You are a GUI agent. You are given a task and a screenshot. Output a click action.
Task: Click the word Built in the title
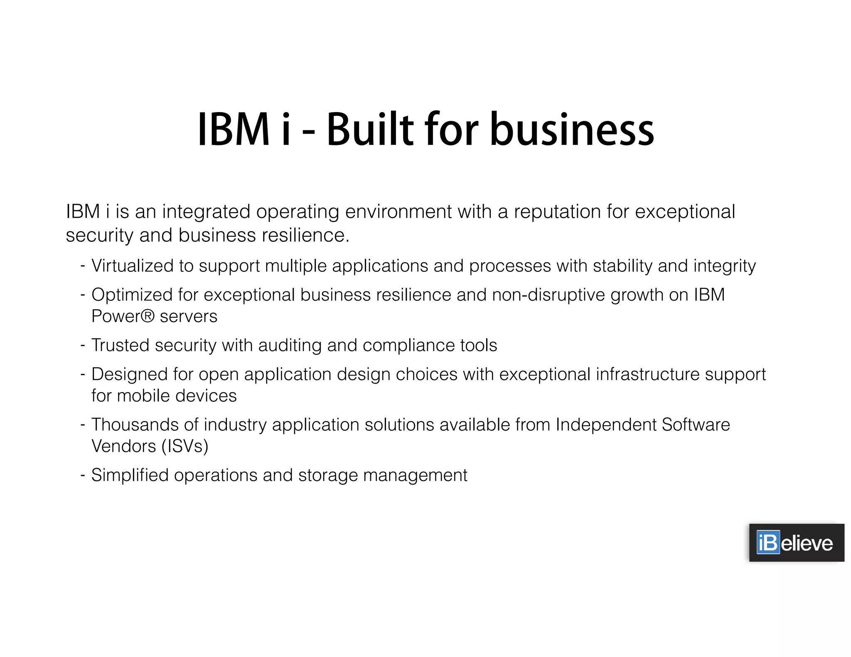point(370,130)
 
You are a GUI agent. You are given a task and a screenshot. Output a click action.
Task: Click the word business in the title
point(572,130)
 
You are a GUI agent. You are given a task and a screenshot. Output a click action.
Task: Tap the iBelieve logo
point(796,543)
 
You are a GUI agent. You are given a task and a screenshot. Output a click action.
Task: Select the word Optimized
point(132,295)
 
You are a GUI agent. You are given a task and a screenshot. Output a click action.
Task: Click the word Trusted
point(120,345)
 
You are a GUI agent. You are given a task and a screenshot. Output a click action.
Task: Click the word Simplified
point(130,475)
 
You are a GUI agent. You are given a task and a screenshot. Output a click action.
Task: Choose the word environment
point(398,212)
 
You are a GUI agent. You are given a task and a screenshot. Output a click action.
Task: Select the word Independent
point(606,425)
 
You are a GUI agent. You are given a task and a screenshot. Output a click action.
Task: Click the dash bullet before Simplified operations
point(83,475)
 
